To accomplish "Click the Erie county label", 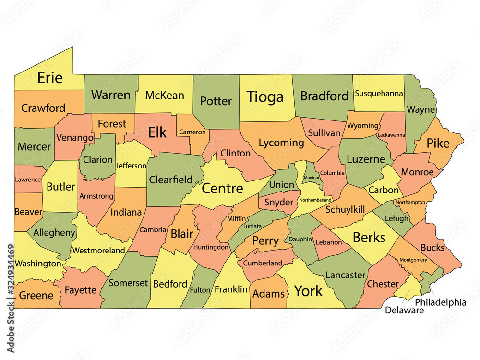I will point(50,78).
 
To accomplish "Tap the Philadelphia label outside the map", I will point(440,302).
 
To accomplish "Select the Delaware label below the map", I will point(404,311).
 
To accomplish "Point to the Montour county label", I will point(312,178).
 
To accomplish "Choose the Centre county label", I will point(222,188).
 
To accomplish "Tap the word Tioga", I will point(265,97).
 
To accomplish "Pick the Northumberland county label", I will point(315,200).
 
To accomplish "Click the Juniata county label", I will point(252,226).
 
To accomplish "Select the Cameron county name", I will point(192,132).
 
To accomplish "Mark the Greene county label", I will point(36,296).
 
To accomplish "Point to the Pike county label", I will point(438,143).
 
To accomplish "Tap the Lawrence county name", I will point(27,180).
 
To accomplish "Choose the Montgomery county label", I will point(413,260).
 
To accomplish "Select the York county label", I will point(308,291).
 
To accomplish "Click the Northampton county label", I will point(410,203).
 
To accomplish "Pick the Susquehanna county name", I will point(379,94).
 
